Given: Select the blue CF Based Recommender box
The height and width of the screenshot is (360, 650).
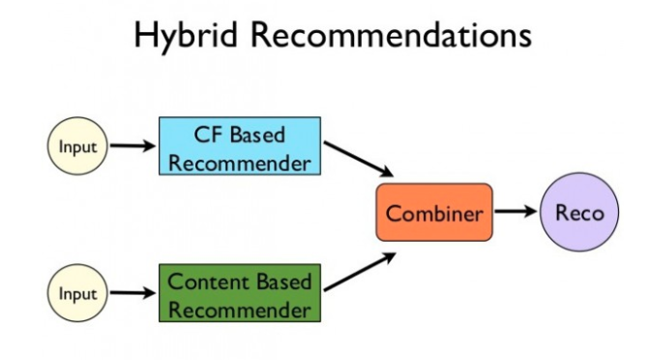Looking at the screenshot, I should (239, 147).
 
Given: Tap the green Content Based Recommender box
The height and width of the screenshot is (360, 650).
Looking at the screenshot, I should (239, 294).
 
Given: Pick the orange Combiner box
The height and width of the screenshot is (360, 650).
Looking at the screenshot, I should (434, 212).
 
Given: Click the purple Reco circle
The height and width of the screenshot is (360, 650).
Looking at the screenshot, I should (579, 211).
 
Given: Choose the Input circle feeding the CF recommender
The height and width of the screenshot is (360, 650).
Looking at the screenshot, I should (77, 147).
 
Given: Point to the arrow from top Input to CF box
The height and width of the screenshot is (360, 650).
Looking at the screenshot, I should (133, 147).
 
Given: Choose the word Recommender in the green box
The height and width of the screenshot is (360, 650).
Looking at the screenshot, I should (239, 309).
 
